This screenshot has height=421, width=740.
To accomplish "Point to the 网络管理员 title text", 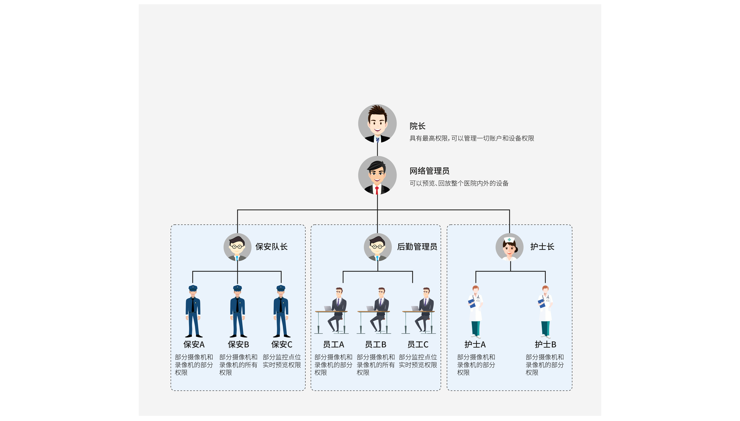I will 429,171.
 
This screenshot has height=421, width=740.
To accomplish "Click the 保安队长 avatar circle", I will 237,247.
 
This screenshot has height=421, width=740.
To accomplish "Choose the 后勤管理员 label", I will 417,247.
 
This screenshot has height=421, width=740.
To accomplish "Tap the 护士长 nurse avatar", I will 509,247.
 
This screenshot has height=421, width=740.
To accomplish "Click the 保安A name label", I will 194,344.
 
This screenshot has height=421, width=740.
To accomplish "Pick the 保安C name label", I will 281,344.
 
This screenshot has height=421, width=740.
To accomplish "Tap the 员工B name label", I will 375,344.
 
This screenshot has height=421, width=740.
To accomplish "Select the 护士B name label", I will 545,344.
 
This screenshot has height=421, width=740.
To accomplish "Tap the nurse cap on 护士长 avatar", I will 509,240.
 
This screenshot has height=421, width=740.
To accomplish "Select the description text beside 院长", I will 471,138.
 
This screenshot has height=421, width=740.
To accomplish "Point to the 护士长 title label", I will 542,247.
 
